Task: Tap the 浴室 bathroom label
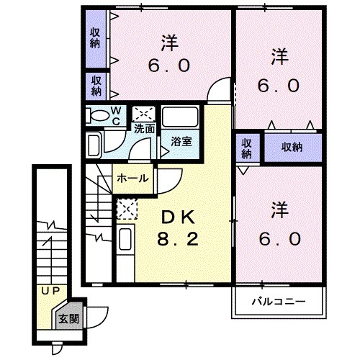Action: tap(181, 142)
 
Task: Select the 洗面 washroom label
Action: tap(144, 130)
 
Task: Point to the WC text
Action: tap(116, 115)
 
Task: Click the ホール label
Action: tap(132, 178)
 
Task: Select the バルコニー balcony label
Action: tap(279, 301)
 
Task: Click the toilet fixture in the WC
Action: tap(97, 114)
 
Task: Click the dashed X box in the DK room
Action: tap(126, 210)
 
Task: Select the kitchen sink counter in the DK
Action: tap(125, 242)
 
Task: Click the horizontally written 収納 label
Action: tap(292, 146)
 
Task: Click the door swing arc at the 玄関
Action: tap(103, 313)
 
